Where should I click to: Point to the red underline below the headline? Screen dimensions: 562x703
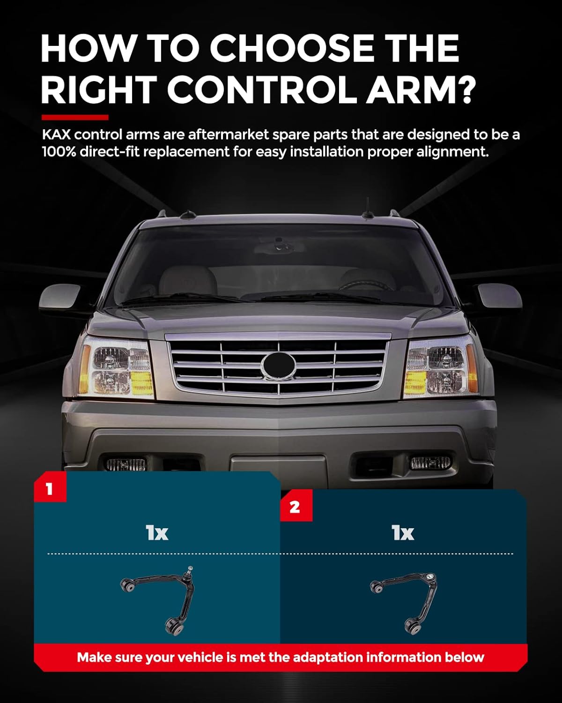click(x=75, y=117)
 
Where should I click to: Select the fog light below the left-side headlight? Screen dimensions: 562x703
click(x=126, y=464)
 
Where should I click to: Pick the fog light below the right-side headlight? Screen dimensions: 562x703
click(x=430, y=463)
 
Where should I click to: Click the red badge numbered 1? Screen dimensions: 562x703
click(x=50, y=489)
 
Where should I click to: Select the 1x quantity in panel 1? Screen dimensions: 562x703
click(x=157, y=533)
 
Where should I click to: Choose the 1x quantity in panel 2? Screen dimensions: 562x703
click(x=403, y=533)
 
